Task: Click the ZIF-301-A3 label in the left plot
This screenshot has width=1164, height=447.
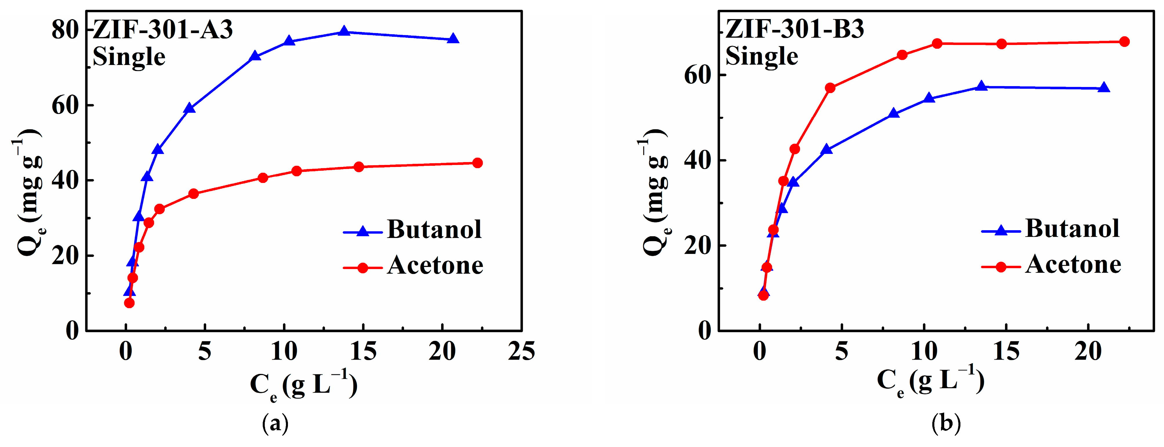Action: (163, 30)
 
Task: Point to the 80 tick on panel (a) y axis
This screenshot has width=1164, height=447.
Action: (66, 30)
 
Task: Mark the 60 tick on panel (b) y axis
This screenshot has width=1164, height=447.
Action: (698, 75)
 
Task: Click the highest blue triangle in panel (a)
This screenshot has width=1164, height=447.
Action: (344, 31)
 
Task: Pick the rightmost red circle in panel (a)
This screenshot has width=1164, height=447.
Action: (477, 163)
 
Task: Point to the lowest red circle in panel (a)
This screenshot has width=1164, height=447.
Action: (129, 303)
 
